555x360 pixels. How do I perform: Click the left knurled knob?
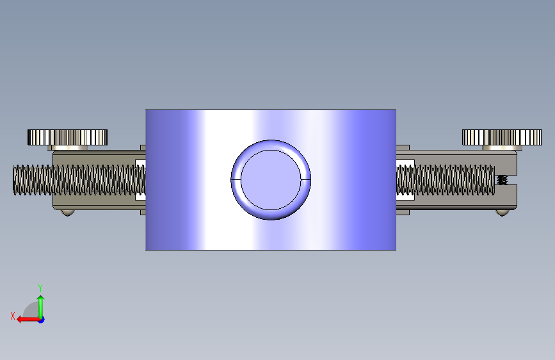(68, 137)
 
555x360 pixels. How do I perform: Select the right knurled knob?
(502, 137)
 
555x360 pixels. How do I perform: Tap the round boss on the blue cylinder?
(271, 180)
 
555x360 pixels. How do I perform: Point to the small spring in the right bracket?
(502, 180)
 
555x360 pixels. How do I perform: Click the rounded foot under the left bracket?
(68, 213)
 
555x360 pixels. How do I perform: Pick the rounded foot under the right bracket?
(503, 213)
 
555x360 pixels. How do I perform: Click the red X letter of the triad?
(13, 316)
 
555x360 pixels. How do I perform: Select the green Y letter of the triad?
(40, 288)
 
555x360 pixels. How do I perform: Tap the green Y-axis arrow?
(41, 307)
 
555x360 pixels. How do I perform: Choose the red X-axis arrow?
(29, 320)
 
